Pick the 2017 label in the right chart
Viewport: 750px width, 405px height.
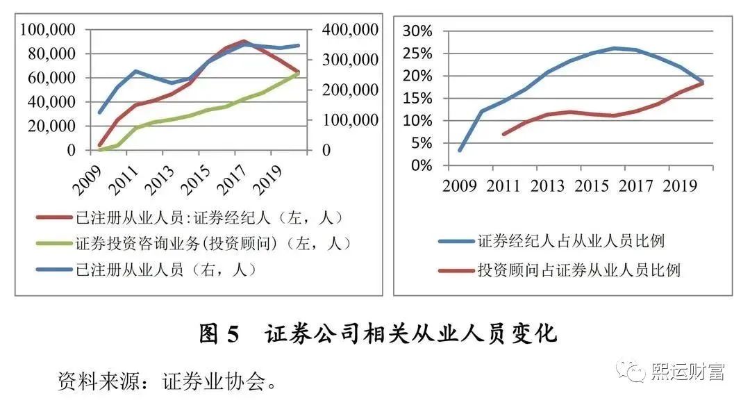pyautogui.click(x=635, y=186)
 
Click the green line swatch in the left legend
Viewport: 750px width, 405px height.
pyautogui.click(x=53, y=244)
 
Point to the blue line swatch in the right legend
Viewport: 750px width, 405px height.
pyautogui.click(x=455, y=241)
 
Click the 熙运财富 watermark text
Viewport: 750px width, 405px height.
pyautogui.click(x=688, y=372)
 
